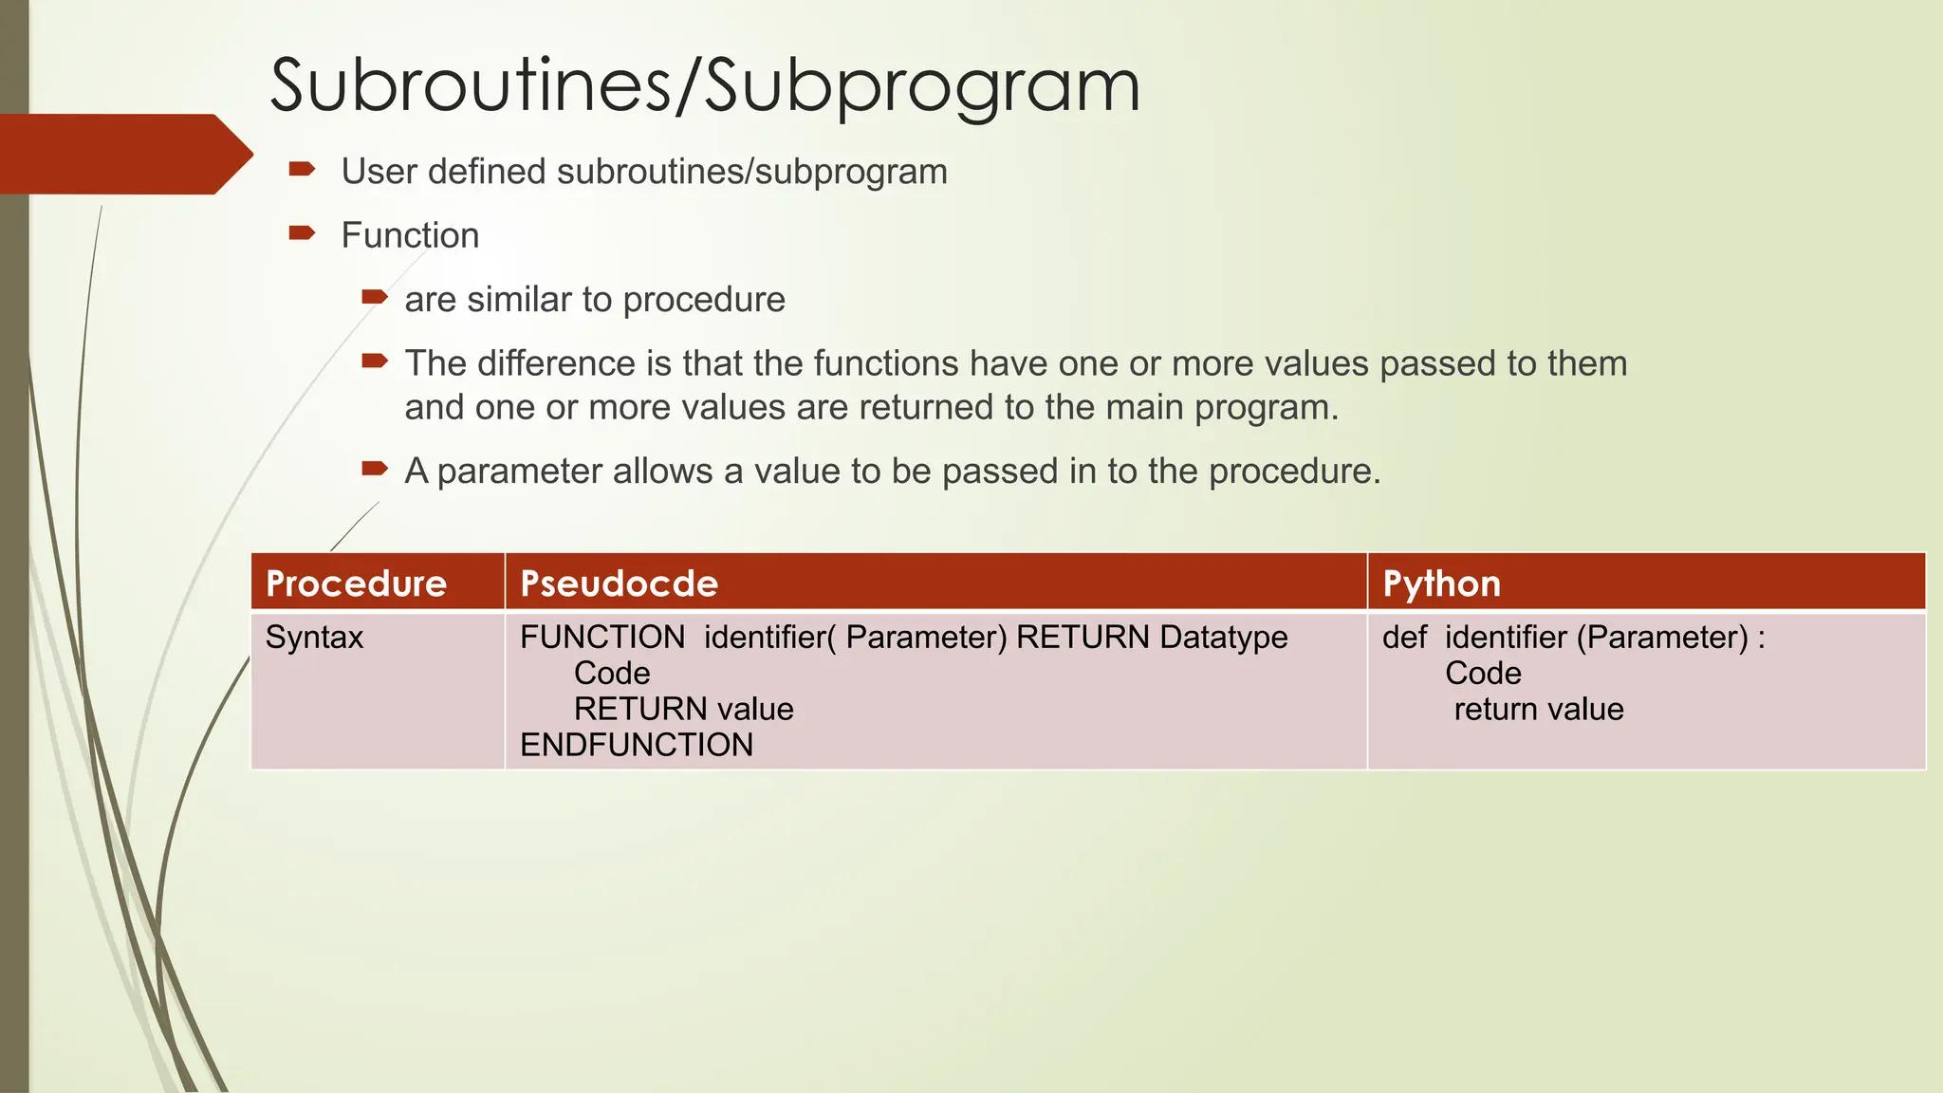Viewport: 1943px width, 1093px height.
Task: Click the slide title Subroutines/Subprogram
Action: click(704, 86)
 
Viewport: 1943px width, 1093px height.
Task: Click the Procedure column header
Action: click(356, 584)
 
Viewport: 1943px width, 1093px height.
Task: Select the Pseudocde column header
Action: click(619, 584)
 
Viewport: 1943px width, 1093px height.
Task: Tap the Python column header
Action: click(1441, 584)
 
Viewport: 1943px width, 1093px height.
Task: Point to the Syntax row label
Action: click(314, 638)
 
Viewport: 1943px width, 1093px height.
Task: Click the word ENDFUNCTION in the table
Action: click(636, 746)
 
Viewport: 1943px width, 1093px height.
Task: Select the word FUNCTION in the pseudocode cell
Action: click(602, 638)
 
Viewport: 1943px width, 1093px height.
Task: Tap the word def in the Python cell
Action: click(1404, 638)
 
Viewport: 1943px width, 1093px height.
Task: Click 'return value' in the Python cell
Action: click(1538, 710)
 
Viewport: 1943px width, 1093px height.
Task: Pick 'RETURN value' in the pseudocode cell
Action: click(683, 710)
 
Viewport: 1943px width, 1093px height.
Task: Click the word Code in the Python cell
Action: click(1483, 674)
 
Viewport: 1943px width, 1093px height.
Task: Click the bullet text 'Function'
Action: click(410, 235)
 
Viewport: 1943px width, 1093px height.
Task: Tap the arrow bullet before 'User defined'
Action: click(302, 170)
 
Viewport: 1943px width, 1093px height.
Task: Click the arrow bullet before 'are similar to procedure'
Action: click(375, 298)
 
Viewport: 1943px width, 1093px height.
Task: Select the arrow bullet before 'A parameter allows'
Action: click(375, 469)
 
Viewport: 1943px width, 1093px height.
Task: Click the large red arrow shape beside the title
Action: click(123, 154)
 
